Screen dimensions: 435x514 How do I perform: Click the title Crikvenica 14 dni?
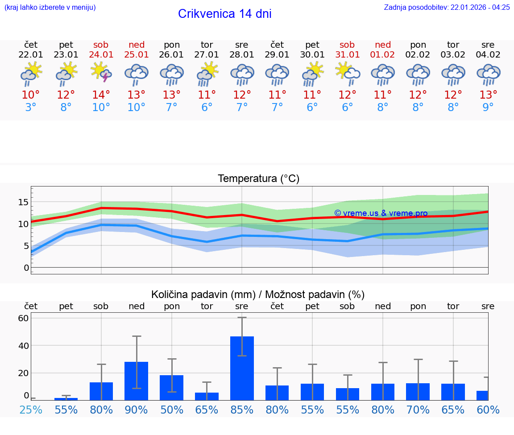point(224,14)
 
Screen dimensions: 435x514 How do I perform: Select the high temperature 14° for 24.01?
point(101,95)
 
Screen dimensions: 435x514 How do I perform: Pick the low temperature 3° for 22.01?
point(31,108)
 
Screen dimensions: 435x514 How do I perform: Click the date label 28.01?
point(242,54)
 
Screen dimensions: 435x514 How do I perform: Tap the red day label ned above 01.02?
point(382,45)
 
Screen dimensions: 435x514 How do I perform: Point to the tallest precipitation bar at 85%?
point(242,368)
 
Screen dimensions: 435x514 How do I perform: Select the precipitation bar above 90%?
point(136,381)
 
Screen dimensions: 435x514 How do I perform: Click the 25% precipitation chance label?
point(31,410)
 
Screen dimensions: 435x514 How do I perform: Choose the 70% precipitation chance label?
point(418,410)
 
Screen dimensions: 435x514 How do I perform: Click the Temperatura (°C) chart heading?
point(258,179)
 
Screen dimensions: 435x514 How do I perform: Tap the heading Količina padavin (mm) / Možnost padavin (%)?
point(258,294)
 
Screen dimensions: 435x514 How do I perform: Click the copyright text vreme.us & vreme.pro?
point(381,213)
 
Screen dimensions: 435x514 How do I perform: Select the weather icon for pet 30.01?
point(312,74)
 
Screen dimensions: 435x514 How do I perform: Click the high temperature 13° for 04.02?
point(488,95)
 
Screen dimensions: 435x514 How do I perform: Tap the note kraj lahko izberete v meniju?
point(50,7)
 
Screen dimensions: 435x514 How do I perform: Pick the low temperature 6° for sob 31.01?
point(347,108)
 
